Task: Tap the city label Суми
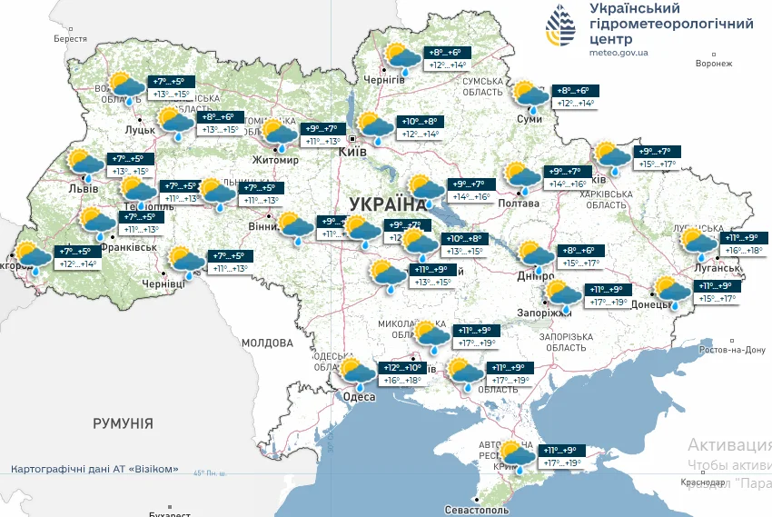[x=530, y=119]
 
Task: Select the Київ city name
[x=352, y=152]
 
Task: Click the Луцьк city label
[x=139, y=130]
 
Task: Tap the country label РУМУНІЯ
[x=123, y=423]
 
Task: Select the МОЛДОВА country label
[x=267, y=343]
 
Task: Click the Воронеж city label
[x=713, y=64]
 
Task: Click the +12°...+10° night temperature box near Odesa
[x=403, y=367]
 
